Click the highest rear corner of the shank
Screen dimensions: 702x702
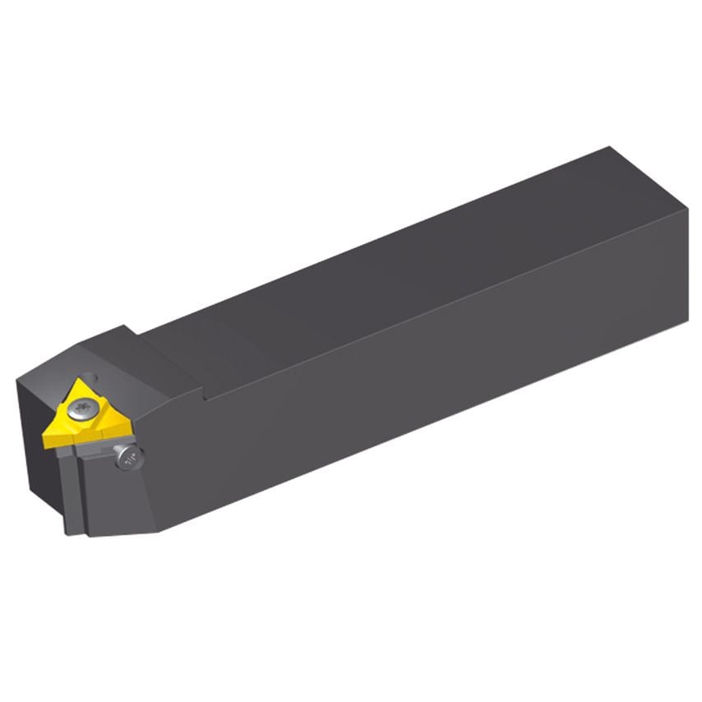(609, 147)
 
